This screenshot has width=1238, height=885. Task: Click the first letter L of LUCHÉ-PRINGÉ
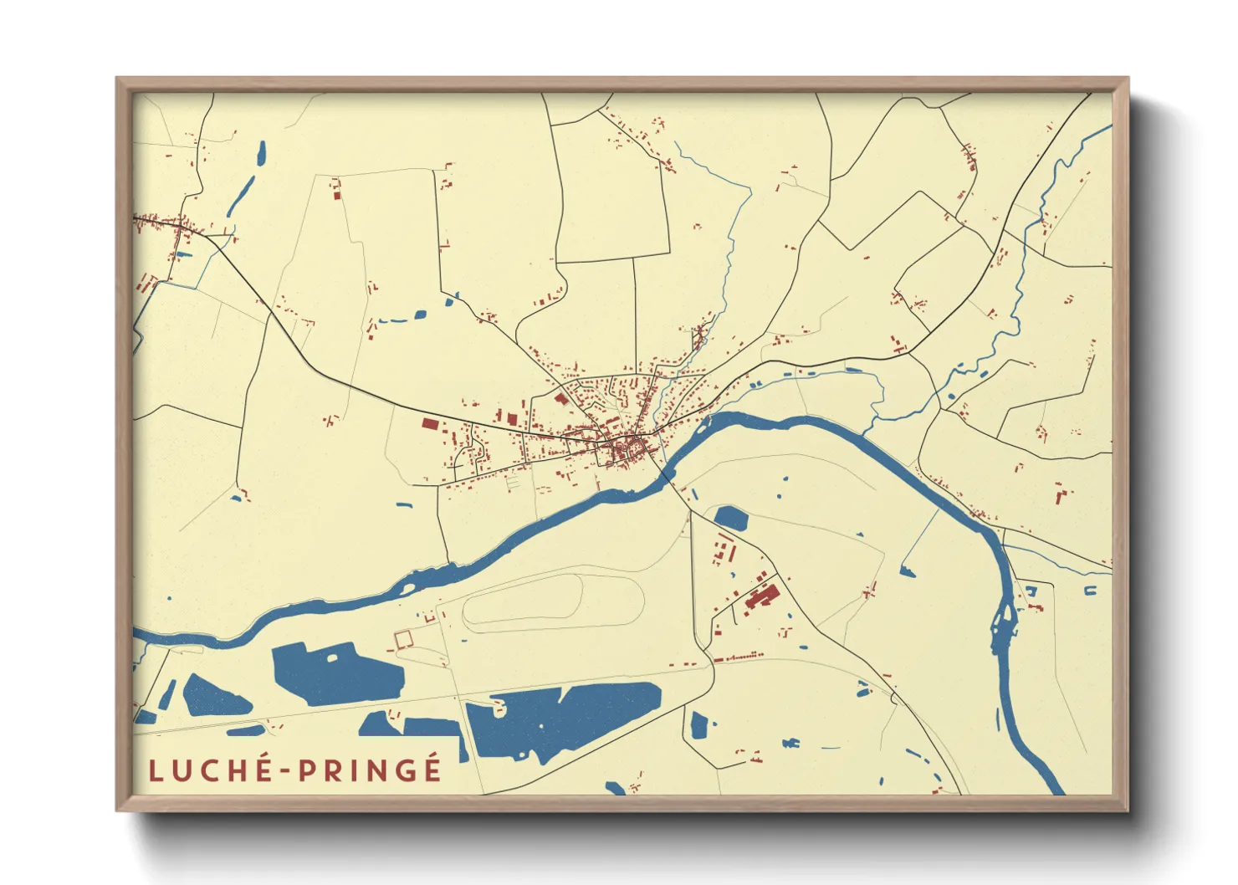point(156,770)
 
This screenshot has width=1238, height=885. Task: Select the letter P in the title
point(309,770)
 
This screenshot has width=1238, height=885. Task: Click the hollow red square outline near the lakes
point(403,639)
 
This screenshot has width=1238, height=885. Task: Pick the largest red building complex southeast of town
point(760,596)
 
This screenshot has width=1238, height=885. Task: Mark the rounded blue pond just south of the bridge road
point(731,518)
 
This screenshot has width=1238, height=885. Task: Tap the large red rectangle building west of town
point(429,423)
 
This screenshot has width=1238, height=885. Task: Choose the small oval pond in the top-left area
point(261,152)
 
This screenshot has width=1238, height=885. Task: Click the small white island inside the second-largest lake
point(332,657)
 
